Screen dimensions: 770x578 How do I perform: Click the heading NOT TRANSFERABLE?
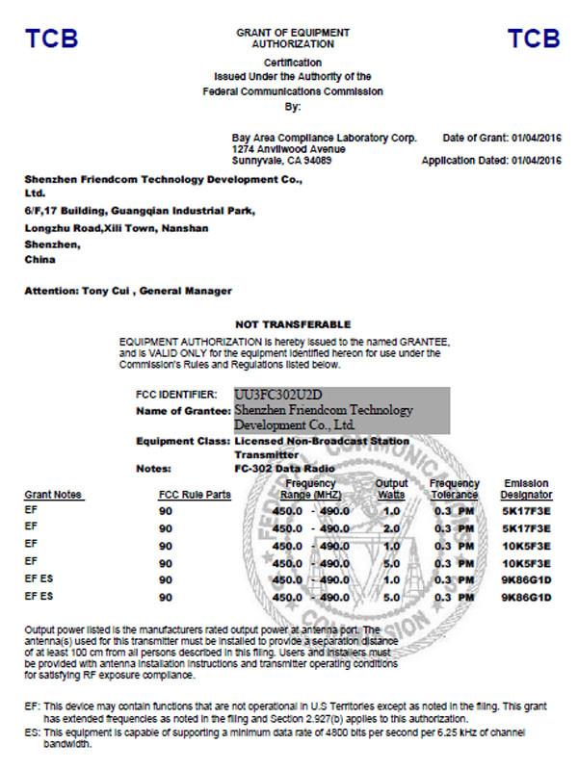point(293,324)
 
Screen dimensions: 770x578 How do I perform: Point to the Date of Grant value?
point(537,139)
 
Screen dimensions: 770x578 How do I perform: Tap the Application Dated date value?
point(537,161)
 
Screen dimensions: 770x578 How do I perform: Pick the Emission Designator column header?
point(527,488)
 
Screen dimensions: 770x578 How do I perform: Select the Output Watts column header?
point(391,488)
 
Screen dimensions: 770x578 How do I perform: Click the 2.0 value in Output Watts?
point(391,528)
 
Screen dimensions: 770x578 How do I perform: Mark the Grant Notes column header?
point(53,495)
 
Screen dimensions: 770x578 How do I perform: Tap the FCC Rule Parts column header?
point(195,495)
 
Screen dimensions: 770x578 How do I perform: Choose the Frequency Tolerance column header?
point(455,488)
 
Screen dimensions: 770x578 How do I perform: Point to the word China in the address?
point(40,260)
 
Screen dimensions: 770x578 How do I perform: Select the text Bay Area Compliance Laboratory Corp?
point(324,139)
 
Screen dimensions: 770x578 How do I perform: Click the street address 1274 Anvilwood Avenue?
point(288,150)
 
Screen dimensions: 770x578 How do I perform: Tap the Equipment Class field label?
point(183,440)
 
